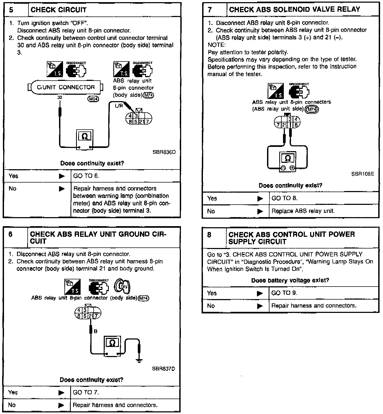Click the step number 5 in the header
pos(11,10)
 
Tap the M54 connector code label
pos(93,99)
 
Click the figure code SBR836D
pos(164,152)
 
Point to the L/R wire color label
pos(119,106)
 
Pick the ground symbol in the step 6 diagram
pos(139,360)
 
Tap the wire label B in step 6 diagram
pos(95,331)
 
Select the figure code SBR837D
pos(164,369)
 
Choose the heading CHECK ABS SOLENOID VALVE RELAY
pos(294,10)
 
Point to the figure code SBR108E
pos(363,174)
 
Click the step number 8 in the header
pos(209,235)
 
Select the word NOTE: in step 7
pos(217,45)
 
